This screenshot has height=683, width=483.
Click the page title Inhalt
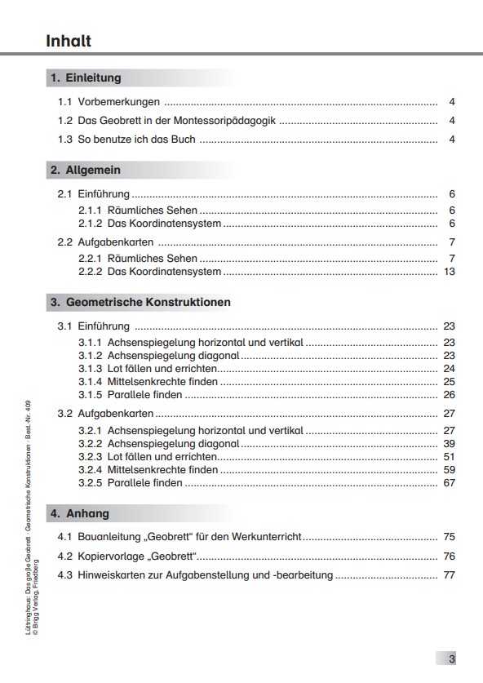coord(69,41)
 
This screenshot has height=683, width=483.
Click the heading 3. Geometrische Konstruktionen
coord(140,302)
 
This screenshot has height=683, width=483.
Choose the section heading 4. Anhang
coord(79,514)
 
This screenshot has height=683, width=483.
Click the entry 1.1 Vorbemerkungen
coord(109,102)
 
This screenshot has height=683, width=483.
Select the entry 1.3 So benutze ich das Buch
coord(126,140)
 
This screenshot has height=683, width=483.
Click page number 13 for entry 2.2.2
coord(449,272)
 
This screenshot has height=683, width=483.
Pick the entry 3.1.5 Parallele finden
coord(131,394)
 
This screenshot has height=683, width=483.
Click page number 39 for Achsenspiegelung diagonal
coord(449,443)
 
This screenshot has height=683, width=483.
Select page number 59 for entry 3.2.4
coord(449,469)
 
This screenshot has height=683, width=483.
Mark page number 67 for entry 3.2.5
coord(449,482)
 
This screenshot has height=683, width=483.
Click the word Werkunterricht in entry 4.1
coord(266,537)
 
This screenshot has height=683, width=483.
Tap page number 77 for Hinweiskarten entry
coord(449,574)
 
